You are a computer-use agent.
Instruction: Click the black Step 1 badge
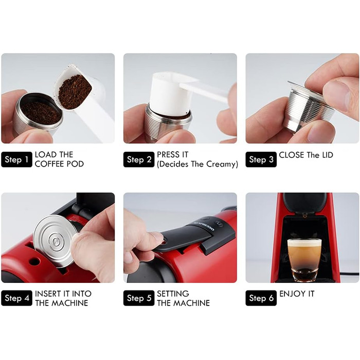click(16, 159)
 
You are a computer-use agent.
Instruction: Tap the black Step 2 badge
click(139, 159)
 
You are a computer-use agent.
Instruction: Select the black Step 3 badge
click(261, 159)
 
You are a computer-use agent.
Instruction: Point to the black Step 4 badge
click(16, 298)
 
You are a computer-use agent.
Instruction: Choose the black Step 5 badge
click(139, 298)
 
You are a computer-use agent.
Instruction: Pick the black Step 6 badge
click(261, 298)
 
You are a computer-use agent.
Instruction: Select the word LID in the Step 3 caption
click(328, 155)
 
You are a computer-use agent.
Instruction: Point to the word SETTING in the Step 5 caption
click(173, 294)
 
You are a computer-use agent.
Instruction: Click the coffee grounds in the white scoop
click(75, 92)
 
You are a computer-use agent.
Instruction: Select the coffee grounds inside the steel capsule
click(41, 113)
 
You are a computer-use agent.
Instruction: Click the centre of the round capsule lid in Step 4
click(56, 241)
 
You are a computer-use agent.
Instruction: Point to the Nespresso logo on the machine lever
click(204, 226)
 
